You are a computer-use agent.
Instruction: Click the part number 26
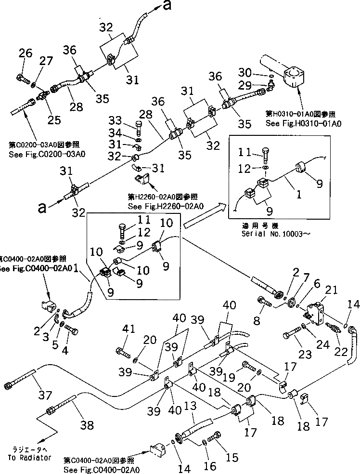pyautogui.click(x=26, y=54)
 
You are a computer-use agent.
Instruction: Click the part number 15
pyautogui.click(x=231, y=458)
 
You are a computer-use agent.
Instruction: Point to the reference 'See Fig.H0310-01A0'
pyautogui.click(x=303, y=124)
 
